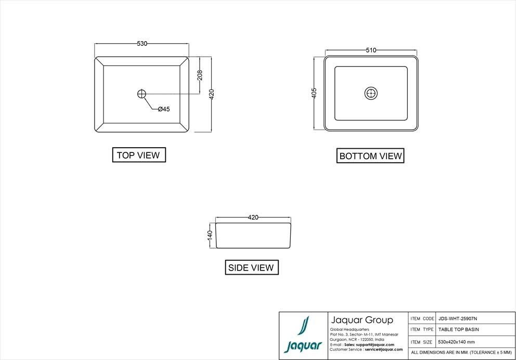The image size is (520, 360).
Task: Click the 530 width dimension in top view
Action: [x=141, y=44]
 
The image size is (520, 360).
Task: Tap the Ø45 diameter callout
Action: [x=164, y=109]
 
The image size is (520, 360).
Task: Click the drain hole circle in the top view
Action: [x=142, y=94]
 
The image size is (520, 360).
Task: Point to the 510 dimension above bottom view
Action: [x=371, y=50]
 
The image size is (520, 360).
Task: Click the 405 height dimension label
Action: [x=314, y=93]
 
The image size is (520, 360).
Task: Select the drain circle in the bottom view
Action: [x=371, y=94]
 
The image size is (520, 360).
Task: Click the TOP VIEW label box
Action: [x=139, y=155]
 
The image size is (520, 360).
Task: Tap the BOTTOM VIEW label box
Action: [x=371, y=156]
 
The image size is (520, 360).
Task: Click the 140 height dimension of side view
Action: [x=210, y=235]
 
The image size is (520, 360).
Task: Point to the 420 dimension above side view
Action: [x=253, y=217]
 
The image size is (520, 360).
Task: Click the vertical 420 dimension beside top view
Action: [x=212, y=94]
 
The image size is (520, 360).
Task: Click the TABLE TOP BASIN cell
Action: [x=458, y=329]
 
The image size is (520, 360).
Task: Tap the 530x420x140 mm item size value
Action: [x=456, y=342]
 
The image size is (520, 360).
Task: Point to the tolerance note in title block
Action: [x=461, y=353]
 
